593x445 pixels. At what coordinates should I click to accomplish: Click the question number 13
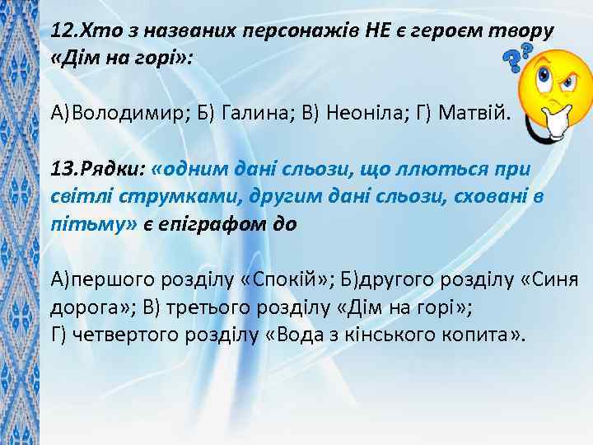click(63, 170)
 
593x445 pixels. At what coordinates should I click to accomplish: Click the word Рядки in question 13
click(114, 170)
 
